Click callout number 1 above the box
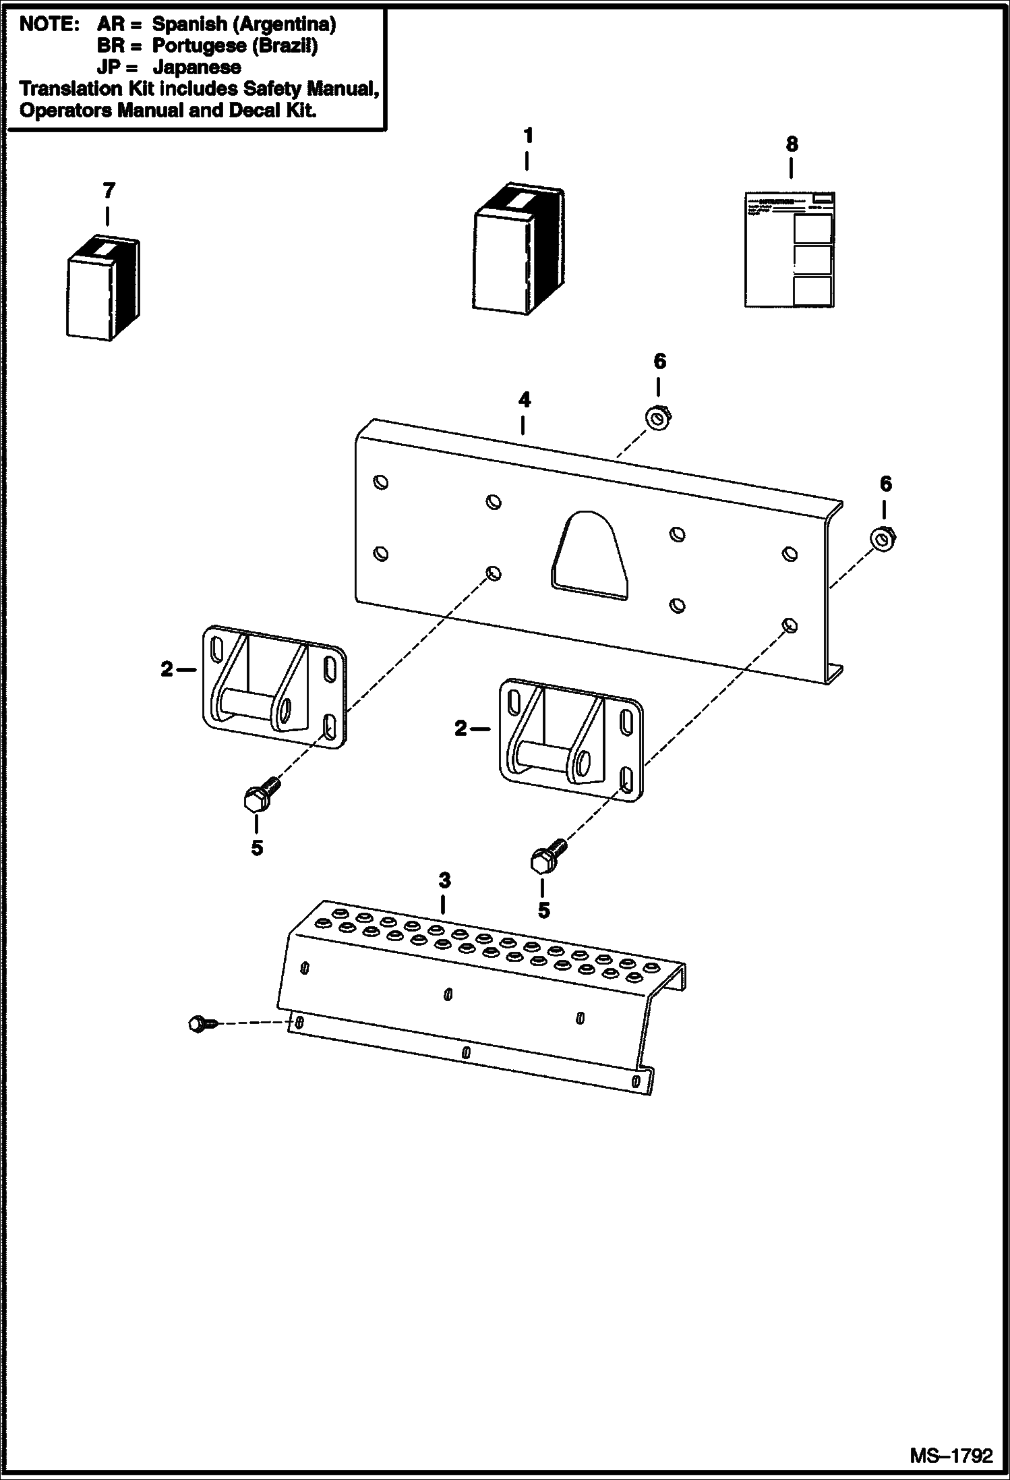pos(528,136)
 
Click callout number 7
pos(109,191)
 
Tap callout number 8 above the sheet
pos(792,144)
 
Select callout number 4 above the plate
pos(524,400)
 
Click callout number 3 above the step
pos(444,880)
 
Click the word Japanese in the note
pos(196,67)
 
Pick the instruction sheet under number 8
pos(790,250)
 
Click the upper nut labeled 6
pos(657,419)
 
